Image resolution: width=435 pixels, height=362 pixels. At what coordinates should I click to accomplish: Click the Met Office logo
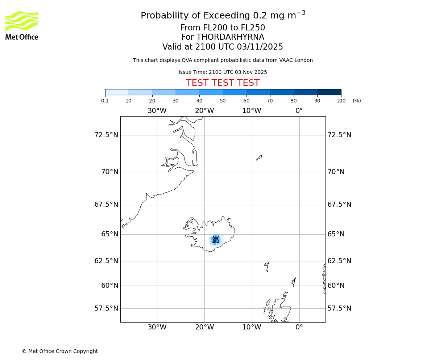point(22,25)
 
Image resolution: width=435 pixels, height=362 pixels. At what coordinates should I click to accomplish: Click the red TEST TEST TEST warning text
point(223,83)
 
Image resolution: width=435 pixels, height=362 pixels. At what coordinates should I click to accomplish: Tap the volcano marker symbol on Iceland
point(216,239)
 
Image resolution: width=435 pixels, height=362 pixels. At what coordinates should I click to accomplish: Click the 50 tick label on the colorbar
point(223,101)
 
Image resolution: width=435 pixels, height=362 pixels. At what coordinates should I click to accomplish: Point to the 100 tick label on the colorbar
point(341,101)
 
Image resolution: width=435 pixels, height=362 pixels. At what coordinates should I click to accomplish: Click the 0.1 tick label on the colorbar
point(105,101)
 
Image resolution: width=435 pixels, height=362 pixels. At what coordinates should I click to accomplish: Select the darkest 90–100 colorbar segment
point(329,92)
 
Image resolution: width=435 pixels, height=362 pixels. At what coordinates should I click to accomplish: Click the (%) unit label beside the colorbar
point(357,101)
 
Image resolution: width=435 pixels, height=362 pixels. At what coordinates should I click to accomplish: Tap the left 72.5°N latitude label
point(106,135)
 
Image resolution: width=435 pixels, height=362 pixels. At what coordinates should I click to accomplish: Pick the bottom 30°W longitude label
point(157,327)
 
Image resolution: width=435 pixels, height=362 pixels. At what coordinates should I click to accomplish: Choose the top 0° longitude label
point(299,111)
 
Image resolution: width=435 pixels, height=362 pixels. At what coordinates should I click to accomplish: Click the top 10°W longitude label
point(252,111)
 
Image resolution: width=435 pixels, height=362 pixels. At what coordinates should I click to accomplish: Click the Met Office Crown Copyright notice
point(60,351)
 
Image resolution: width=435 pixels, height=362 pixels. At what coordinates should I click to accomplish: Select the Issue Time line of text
point(223,72)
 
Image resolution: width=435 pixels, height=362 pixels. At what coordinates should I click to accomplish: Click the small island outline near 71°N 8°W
point(259,158)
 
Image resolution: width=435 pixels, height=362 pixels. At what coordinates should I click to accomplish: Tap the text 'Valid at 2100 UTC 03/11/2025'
point(223,47)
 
